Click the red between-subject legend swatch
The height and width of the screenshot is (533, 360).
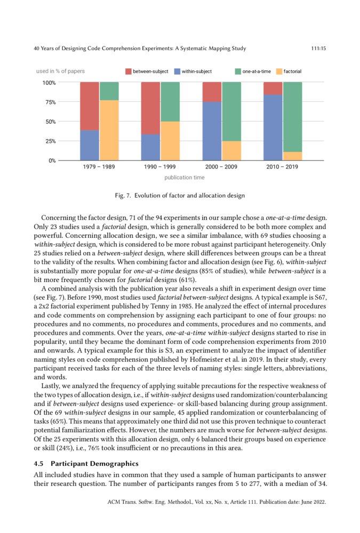pyautogui.click(x=128, y=71)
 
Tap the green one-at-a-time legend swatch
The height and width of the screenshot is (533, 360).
pyautogui.click(x=238, y=71)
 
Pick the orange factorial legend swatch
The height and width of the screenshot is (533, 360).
pyautogui.click(x=279, y=71)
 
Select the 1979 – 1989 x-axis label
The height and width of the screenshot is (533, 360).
pyautogui.click(x=99, y=167)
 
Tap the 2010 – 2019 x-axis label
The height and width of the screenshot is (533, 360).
pyautogui.click(x=282, y=167)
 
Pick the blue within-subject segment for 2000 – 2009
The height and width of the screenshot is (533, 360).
pyautogui.click(x=212, y=131)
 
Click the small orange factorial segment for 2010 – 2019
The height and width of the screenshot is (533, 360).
pyautogui.click(x=292, y=156)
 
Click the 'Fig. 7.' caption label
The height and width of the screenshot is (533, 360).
pyautogui.click(x=124, y=196)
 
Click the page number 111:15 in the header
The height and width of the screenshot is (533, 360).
pyautogui.click(x=318, y=49)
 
